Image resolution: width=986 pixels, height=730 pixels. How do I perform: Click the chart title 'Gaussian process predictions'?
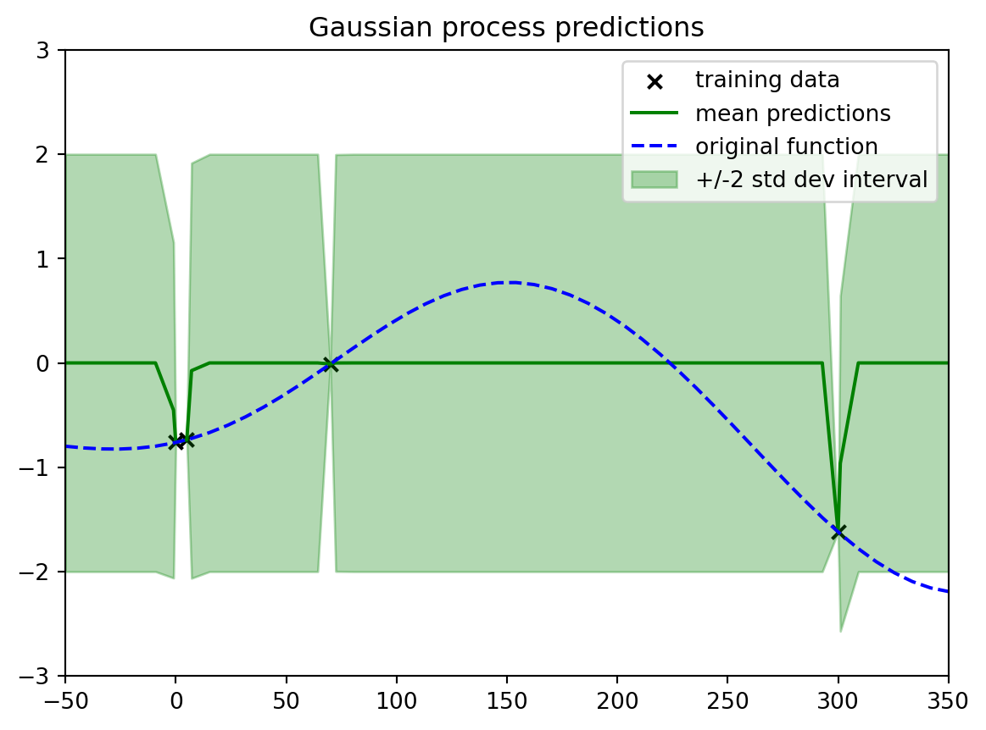pos(506,28)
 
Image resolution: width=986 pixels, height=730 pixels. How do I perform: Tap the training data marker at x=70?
pos(330,364)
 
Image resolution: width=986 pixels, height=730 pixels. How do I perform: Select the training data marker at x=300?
pos(838,532)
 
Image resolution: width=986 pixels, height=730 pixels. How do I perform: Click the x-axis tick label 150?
pos(507,700)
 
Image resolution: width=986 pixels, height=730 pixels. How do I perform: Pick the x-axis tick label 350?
pos(948,700)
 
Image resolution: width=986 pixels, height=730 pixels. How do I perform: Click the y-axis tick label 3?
pos(42,50)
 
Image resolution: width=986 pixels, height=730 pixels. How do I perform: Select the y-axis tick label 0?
pos(42,363)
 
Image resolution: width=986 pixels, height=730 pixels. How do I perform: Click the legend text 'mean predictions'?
pos(793,113)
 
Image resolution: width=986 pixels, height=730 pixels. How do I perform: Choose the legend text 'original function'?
pos(787,147)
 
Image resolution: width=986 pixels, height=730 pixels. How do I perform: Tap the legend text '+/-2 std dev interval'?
pos(811,180)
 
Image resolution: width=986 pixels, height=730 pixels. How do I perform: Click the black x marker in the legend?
pos(655,81)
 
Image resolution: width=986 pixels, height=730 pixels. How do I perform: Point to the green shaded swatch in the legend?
pos(655,180)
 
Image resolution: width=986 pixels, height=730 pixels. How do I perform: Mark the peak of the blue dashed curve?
pos(510,283)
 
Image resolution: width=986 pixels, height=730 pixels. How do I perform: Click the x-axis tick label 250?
pos(727,700)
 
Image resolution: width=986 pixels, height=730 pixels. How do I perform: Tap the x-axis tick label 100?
pos(397,700)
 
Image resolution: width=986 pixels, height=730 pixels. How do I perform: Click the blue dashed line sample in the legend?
pos(655,147)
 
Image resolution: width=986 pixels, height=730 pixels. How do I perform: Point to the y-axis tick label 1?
pos(42,259)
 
